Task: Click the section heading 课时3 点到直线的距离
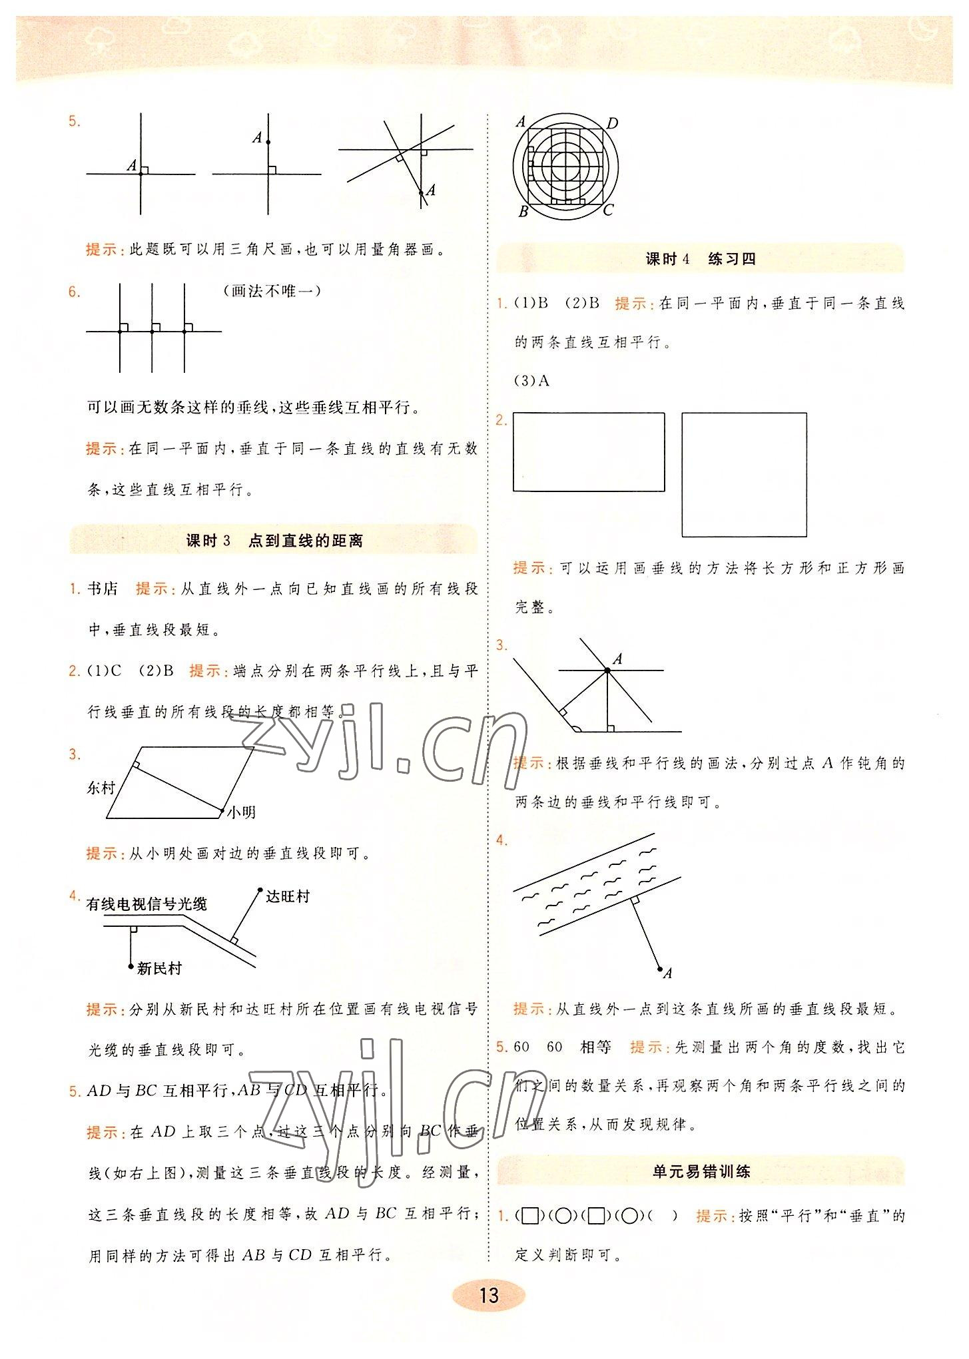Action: click(274, 541)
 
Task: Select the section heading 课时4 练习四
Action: click(701, 259)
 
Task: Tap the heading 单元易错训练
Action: click(701, 1171)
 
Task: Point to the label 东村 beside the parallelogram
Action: click(101, 788)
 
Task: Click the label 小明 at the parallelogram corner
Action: click(241, 812)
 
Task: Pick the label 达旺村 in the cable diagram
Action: click(288, 896)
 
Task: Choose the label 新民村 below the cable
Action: click(159, 969)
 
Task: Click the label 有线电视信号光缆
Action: click(147, 904)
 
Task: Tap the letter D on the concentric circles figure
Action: click(612, 123)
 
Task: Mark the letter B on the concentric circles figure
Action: click(523, 212)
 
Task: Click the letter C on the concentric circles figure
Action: click(607, 210)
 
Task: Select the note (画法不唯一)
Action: click(272, 291)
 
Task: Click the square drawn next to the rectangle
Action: click(744, 475)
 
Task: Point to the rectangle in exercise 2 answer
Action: click(589, 452)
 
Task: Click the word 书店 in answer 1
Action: click(103, 589)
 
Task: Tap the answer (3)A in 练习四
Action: click(533, 381)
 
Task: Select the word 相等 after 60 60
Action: click(595, 1047)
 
